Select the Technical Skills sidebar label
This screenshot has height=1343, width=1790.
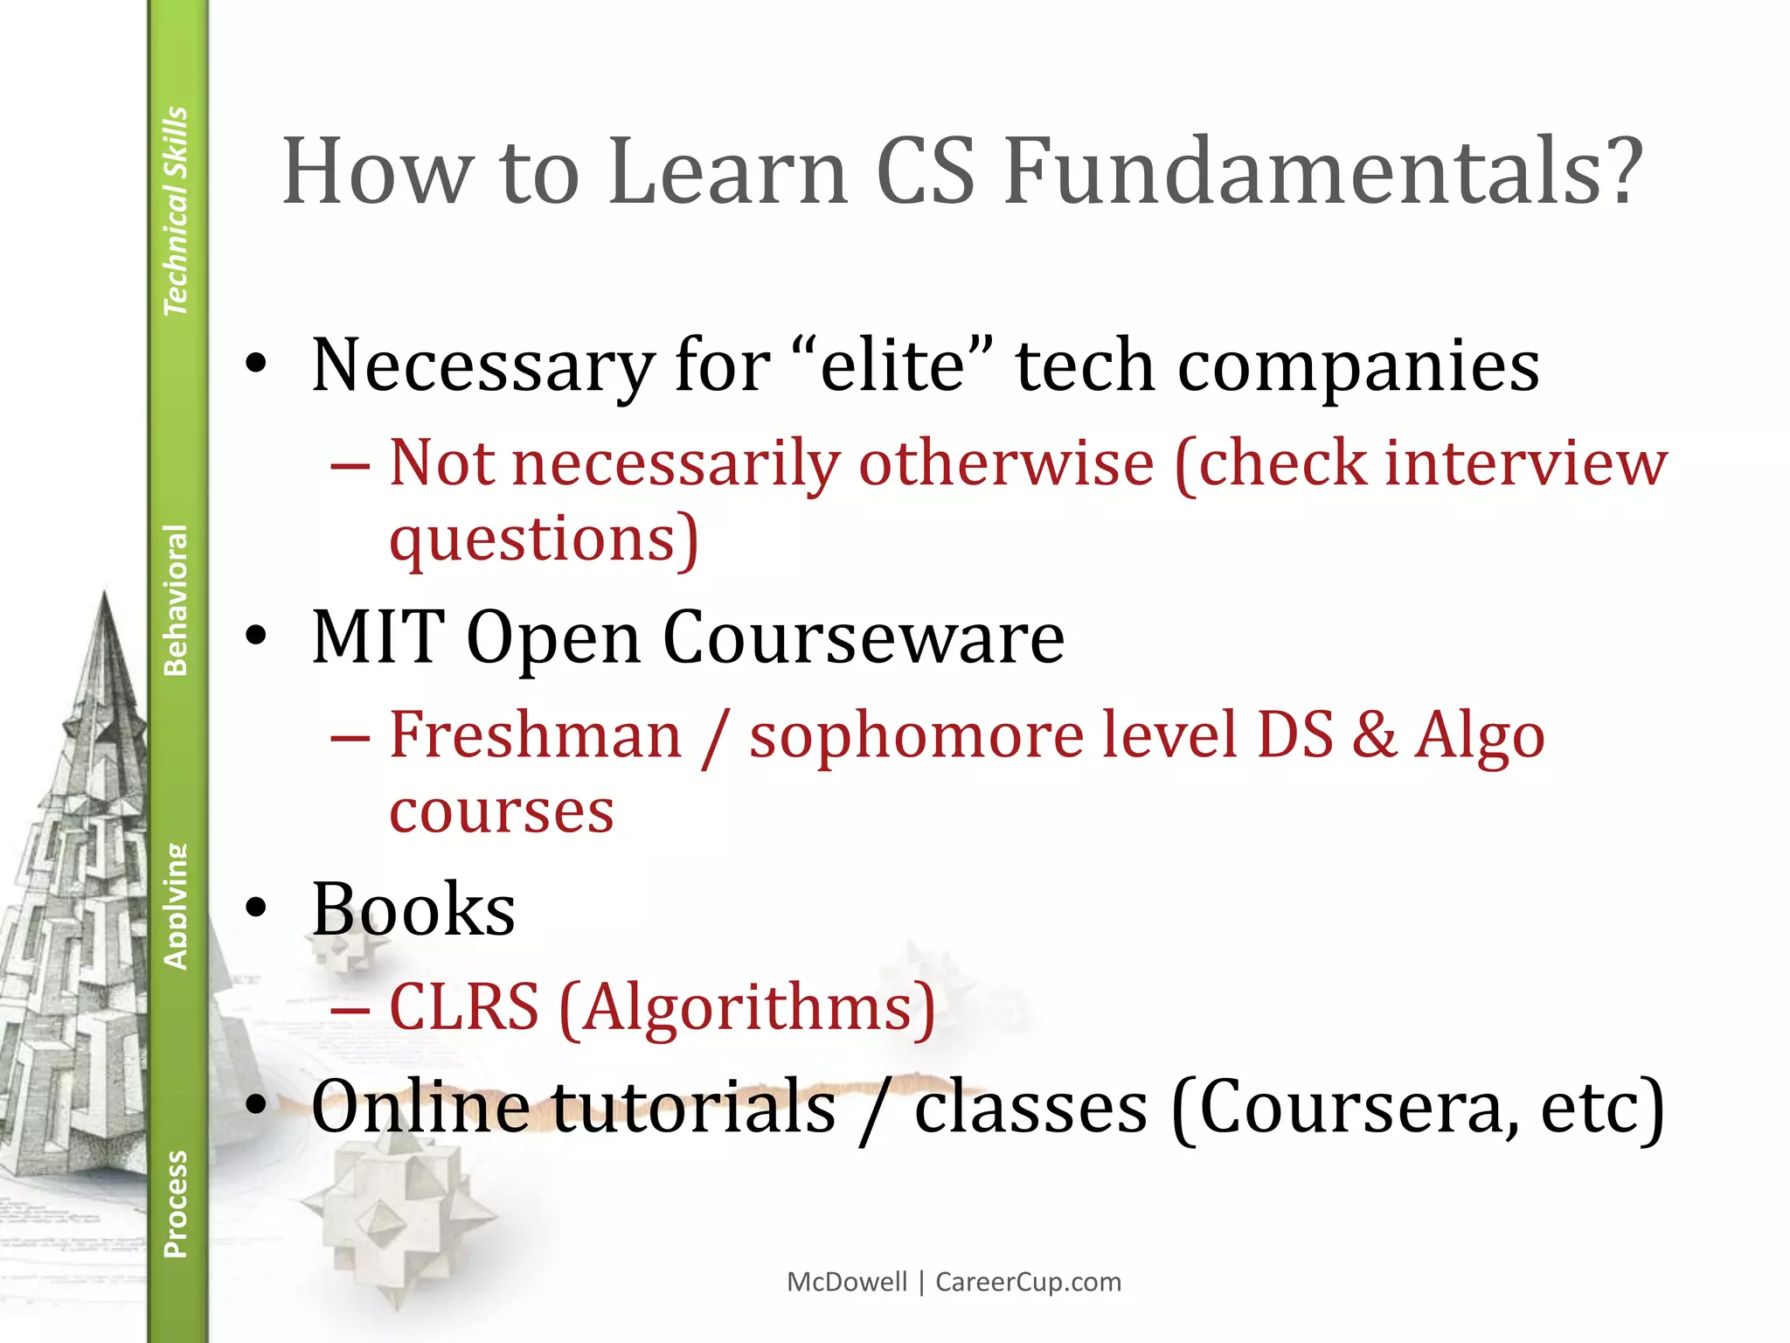176,211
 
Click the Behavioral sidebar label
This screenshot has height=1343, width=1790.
176,600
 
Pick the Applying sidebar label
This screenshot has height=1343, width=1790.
176,906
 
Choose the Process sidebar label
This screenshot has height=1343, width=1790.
176,1204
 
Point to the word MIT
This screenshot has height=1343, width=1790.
378,637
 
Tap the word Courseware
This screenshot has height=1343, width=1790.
864,638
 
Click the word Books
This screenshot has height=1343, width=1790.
413,909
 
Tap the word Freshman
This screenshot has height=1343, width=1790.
535,734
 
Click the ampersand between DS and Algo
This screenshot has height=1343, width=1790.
1375,734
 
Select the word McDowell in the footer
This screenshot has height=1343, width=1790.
847,1282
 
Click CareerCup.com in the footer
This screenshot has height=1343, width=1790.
1028,1282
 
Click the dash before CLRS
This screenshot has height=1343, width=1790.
350,1010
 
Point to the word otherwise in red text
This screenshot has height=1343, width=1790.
1006,463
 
